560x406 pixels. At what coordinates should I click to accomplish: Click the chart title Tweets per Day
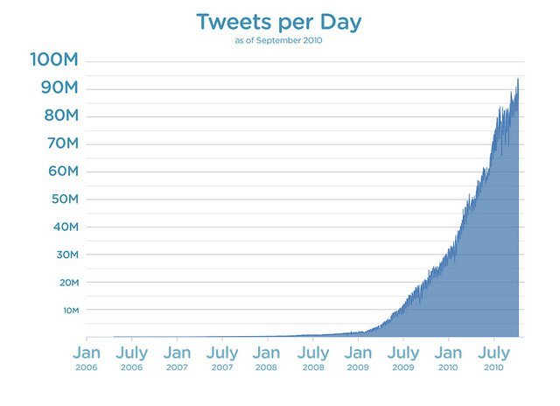[x=280, y=22]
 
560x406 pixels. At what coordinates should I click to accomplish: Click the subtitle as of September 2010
[x=280, y=41]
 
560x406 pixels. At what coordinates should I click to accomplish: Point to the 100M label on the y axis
[x=56, y=59]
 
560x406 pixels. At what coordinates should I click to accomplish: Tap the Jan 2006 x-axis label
[x=87, y=359]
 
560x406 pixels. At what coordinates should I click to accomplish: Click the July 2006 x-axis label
[x=131, y=359]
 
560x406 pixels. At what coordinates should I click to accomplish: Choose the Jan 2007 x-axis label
[x=177, y=359]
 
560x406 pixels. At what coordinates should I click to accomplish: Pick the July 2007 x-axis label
[x=222, y=359]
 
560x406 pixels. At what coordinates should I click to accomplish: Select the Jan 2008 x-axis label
[x=267, y=359]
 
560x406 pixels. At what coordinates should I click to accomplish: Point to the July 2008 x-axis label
[x=312, y=359]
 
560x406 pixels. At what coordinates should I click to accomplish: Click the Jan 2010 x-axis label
[x=448, y=359]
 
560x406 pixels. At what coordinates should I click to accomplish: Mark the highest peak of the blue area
[x=518, y=80]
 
